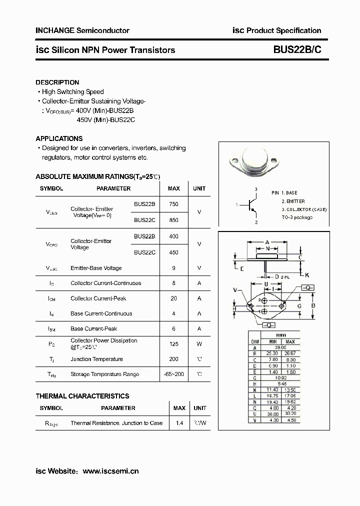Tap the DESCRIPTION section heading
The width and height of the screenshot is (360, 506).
[57, 82]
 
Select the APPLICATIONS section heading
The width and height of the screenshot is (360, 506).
[59, 138]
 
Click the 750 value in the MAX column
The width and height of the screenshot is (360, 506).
[173, 204]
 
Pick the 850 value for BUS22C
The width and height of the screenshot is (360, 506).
[173, 220]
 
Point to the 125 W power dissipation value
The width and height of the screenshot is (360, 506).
[173, 343]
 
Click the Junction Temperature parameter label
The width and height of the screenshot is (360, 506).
[96, 359]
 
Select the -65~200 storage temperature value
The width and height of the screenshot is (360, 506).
[173, 374]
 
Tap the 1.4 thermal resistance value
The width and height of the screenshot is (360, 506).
[179, 423]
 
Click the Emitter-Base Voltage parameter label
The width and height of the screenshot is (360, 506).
[96, 268]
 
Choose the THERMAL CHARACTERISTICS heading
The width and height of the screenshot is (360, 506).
[82, 396]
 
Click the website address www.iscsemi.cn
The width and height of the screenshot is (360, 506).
[110, 471]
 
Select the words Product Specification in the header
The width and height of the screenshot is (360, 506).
[283, 30]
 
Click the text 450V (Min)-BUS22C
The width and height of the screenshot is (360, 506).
[106, 120]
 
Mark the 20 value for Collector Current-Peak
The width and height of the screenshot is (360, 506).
[173, 298]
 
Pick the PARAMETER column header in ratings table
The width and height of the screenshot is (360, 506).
[113, 188]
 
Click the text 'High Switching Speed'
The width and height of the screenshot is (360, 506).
[73, 92]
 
